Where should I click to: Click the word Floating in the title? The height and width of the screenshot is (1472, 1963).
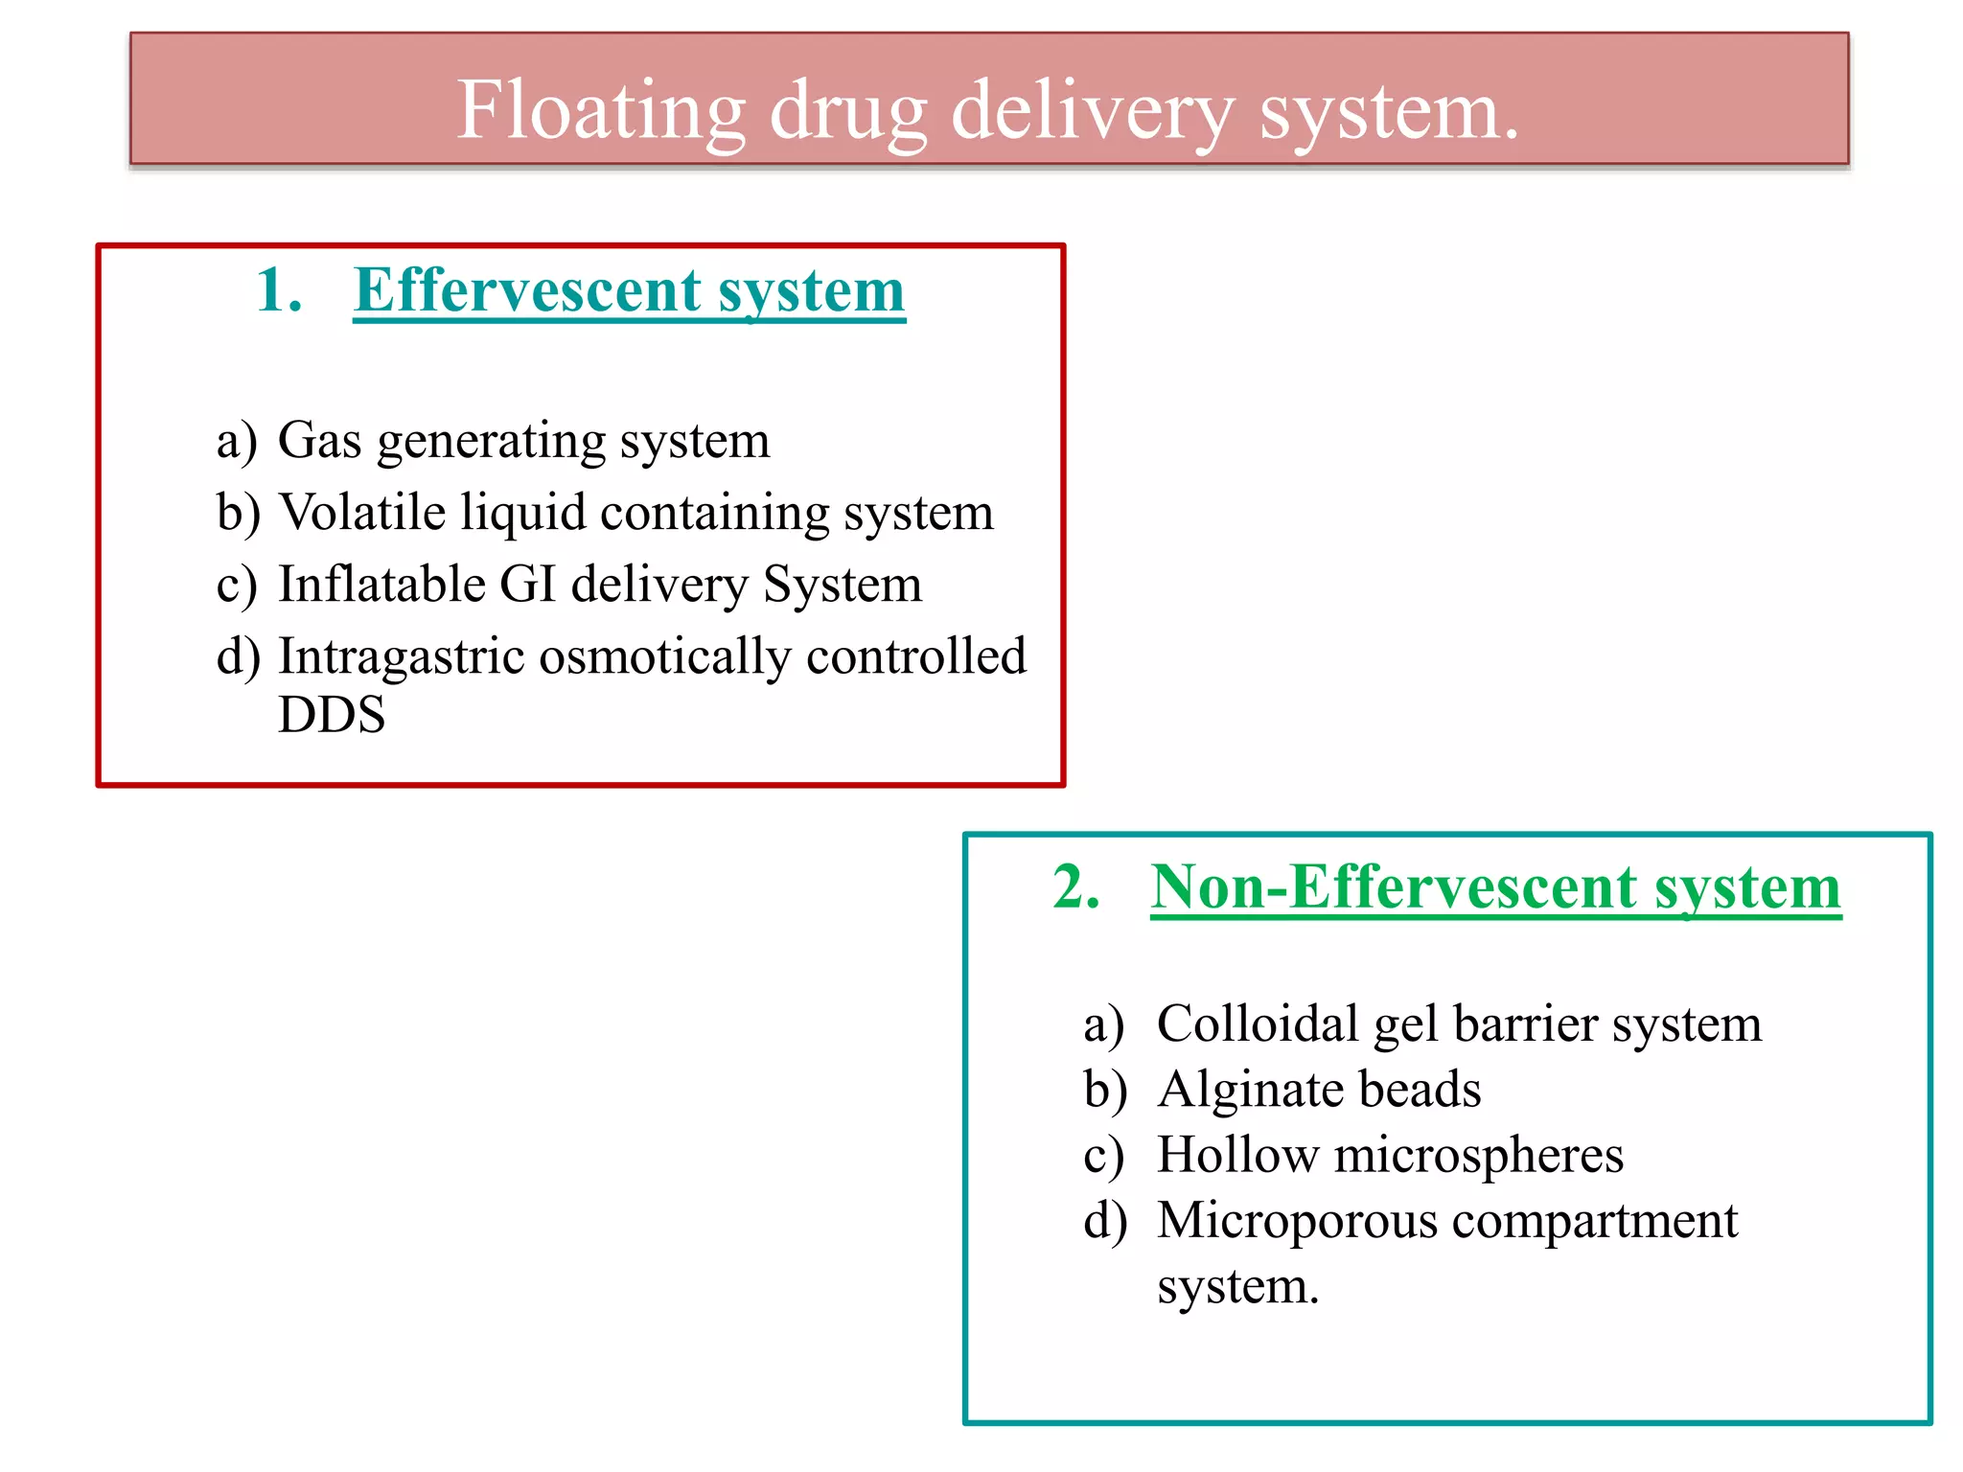tap(600, 111)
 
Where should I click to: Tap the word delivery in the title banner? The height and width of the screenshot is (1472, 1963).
tap(1092, 111)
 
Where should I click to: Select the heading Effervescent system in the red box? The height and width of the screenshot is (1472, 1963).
tap(629, 290)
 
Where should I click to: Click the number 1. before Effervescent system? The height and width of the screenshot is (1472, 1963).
tap(279, 290)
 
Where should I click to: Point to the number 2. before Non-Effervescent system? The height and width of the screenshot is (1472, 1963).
tap(1075, 886)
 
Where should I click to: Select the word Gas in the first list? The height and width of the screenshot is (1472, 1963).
tap(320, 441)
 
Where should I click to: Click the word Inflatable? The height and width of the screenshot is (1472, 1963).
tap(381, 584)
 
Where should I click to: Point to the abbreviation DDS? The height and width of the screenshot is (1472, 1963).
tap(332, 715)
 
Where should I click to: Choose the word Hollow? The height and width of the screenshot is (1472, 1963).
tap(1237, 1154)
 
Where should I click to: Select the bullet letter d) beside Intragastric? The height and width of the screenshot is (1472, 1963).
tap(238, 658)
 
